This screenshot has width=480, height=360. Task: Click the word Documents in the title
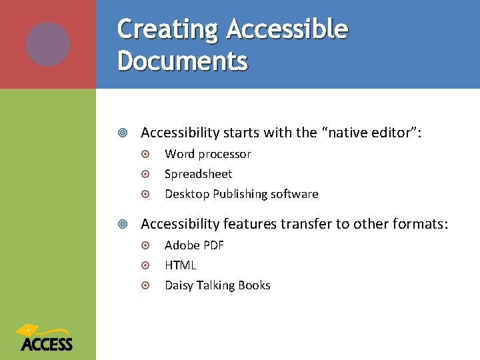pos(183,61)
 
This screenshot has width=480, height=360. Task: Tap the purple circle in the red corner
pos(48,44)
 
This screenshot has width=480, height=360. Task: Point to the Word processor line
pos(208,154)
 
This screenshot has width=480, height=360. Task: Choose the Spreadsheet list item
pos(199,174)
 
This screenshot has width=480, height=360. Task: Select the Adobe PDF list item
pos(195,245)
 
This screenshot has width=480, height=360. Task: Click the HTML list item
pos(181,265)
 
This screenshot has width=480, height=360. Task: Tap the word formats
pos(421,223)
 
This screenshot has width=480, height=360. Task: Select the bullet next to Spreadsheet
pos(147,175)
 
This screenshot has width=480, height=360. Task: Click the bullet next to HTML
pos(147,266)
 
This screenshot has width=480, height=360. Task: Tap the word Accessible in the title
pos(287,30)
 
